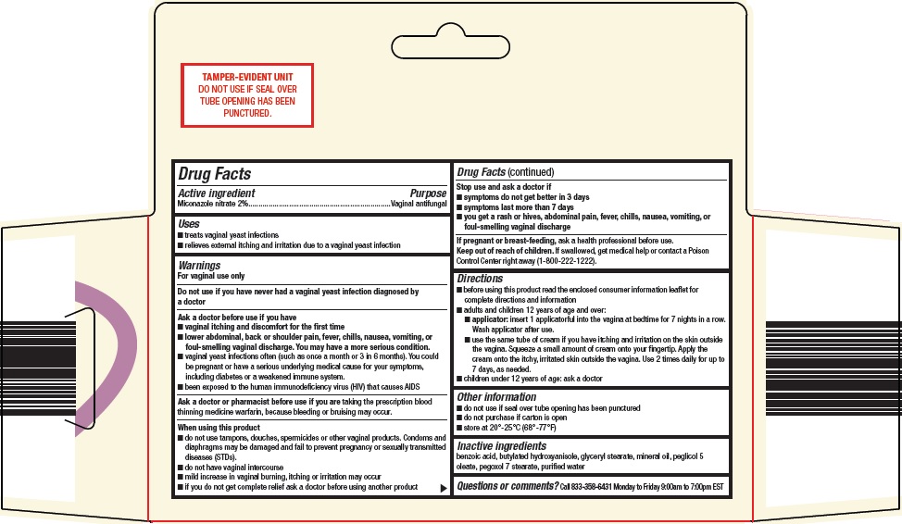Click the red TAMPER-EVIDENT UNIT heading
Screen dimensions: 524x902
(246, 73)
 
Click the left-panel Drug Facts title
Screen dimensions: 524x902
(214, 174)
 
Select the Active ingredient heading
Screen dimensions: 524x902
(217, 193)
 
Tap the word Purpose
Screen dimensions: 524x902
(428, 193)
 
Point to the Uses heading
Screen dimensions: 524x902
(189, 224)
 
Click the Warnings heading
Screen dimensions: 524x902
(199, 266)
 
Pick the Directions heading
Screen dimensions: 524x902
(480, 278)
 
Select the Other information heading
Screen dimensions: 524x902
(496, 397)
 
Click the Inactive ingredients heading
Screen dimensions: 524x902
(501, 446)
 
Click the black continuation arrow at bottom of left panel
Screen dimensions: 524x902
(443, 487)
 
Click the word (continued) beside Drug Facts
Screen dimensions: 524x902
(531, 172)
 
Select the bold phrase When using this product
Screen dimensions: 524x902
(219, 428)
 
